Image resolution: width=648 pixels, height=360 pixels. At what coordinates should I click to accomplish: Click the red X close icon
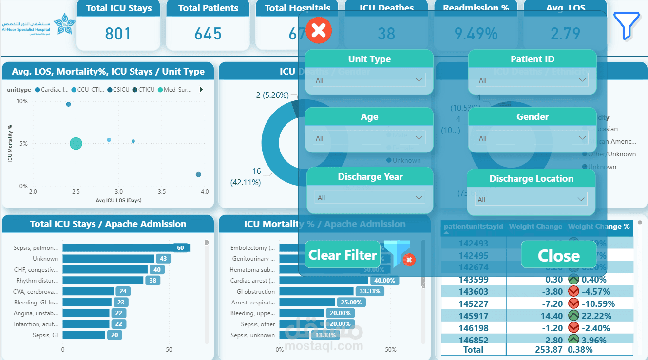(x=319, y=30)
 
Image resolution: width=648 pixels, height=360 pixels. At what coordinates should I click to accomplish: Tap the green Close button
(x=558, y=255)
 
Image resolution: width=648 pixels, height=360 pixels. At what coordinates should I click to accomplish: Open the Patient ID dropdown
(x=532, y=80)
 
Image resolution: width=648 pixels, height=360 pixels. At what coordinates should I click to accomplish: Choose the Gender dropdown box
(x=532, y=138)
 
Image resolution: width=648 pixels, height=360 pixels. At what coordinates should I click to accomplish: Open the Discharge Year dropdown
(x=369, y=197)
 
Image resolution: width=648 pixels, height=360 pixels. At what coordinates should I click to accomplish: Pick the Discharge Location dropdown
(x=531, y=199)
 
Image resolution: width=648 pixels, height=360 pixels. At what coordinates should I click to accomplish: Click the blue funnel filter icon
(x=626, y=25)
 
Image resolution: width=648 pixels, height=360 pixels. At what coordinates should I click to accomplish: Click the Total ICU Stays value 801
(x=118, y=34)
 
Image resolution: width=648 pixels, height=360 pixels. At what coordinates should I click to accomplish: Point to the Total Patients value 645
(x=208, y=34)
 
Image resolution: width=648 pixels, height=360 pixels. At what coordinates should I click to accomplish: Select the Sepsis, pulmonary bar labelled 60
(x=126, y=248)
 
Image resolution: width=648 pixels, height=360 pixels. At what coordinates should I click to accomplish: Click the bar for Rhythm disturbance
(x=103, y=281)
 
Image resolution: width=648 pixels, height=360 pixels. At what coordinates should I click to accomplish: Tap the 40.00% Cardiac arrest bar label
(x=384, y=281)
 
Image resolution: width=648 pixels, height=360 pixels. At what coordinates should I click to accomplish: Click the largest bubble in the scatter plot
(x=76, y=143)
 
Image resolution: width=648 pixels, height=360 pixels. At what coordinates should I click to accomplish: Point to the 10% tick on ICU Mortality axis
(x=22, y=101)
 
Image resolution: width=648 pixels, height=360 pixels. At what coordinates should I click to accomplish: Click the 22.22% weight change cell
(x=597, y=316)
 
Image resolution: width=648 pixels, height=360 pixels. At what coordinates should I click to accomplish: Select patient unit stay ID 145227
(x=474, y=303)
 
